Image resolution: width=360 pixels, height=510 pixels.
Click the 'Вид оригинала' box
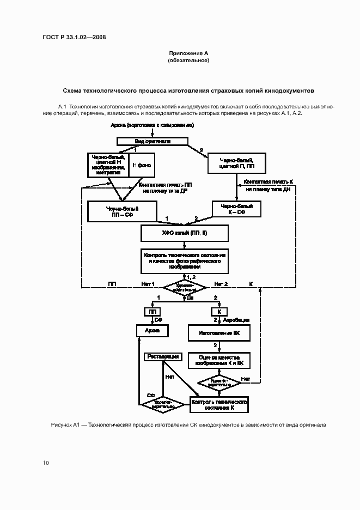[x=153, y=141]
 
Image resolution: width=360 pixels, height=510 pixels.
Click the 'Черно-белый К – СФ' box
[x=236, y=209]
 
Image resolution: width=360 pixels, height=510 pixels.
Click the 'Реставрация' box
[x=162, y=357]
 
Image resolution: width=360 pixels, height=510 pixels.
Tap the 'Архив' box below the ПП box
[x=152, y=331]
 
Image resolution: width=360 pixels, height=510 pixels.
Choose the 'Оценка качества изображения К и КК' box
[x=218, y=360]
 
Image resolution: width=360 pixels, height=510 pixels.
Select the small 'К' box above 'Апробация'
[x=219, y=312]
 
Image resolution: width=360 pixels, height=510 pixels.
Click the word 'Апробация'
[x=239, y=320]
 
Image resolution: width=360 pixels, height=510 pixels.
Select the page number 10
[x=46, y=463]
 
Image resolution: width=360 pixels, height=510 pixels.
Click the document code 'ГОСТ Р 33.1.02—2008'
[x=74, y=37]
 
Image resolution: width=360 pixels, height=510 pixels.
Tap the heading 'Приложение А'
[x=188, y=53]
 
